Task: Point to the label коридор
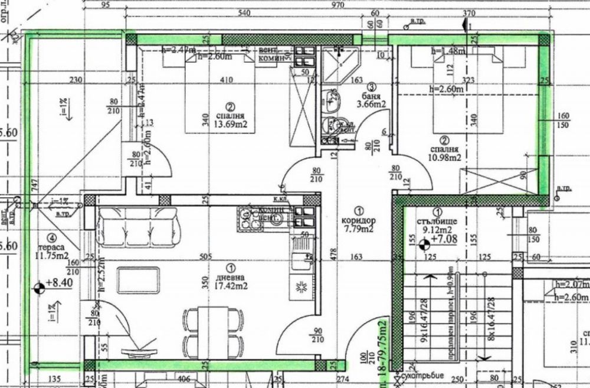[358, 220]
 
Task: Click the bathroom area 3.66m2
[372, 105]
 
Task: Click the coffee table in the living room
[138, 280]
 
